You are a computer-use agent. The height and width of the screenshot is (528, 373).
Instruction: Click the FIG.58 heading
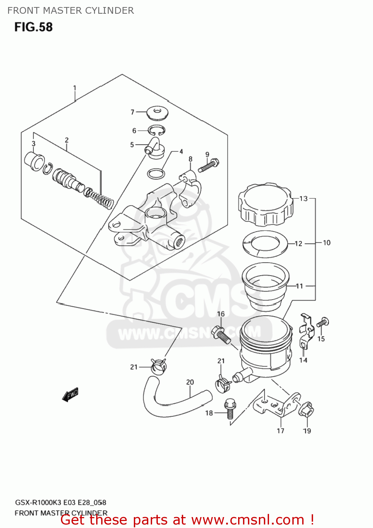pos(33,27)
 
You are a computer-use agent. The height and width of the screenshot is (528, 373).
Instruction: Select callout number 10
pos(327,243)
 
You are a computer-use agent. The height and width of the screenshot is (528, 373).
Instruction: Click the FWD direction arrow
pos(70,395)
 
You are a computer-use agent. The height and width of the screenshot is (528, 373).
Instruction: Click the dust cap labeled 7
pos(157,112)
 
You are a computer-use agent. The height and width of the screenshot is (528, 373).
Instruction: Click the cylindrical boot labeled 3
pos(34,162)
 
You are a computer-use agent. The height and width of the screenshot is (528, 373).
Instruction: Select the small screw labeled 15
pos(322,322)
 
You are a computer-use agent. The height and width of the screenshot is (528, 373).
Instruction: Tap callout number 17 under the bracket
pos(280,430)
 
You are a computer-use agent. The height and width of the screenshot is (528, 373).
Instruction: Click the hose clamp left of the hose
pos(158,367)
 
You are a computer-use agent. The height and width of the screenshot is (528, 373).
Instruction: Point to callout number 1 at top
pos(75,88)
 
